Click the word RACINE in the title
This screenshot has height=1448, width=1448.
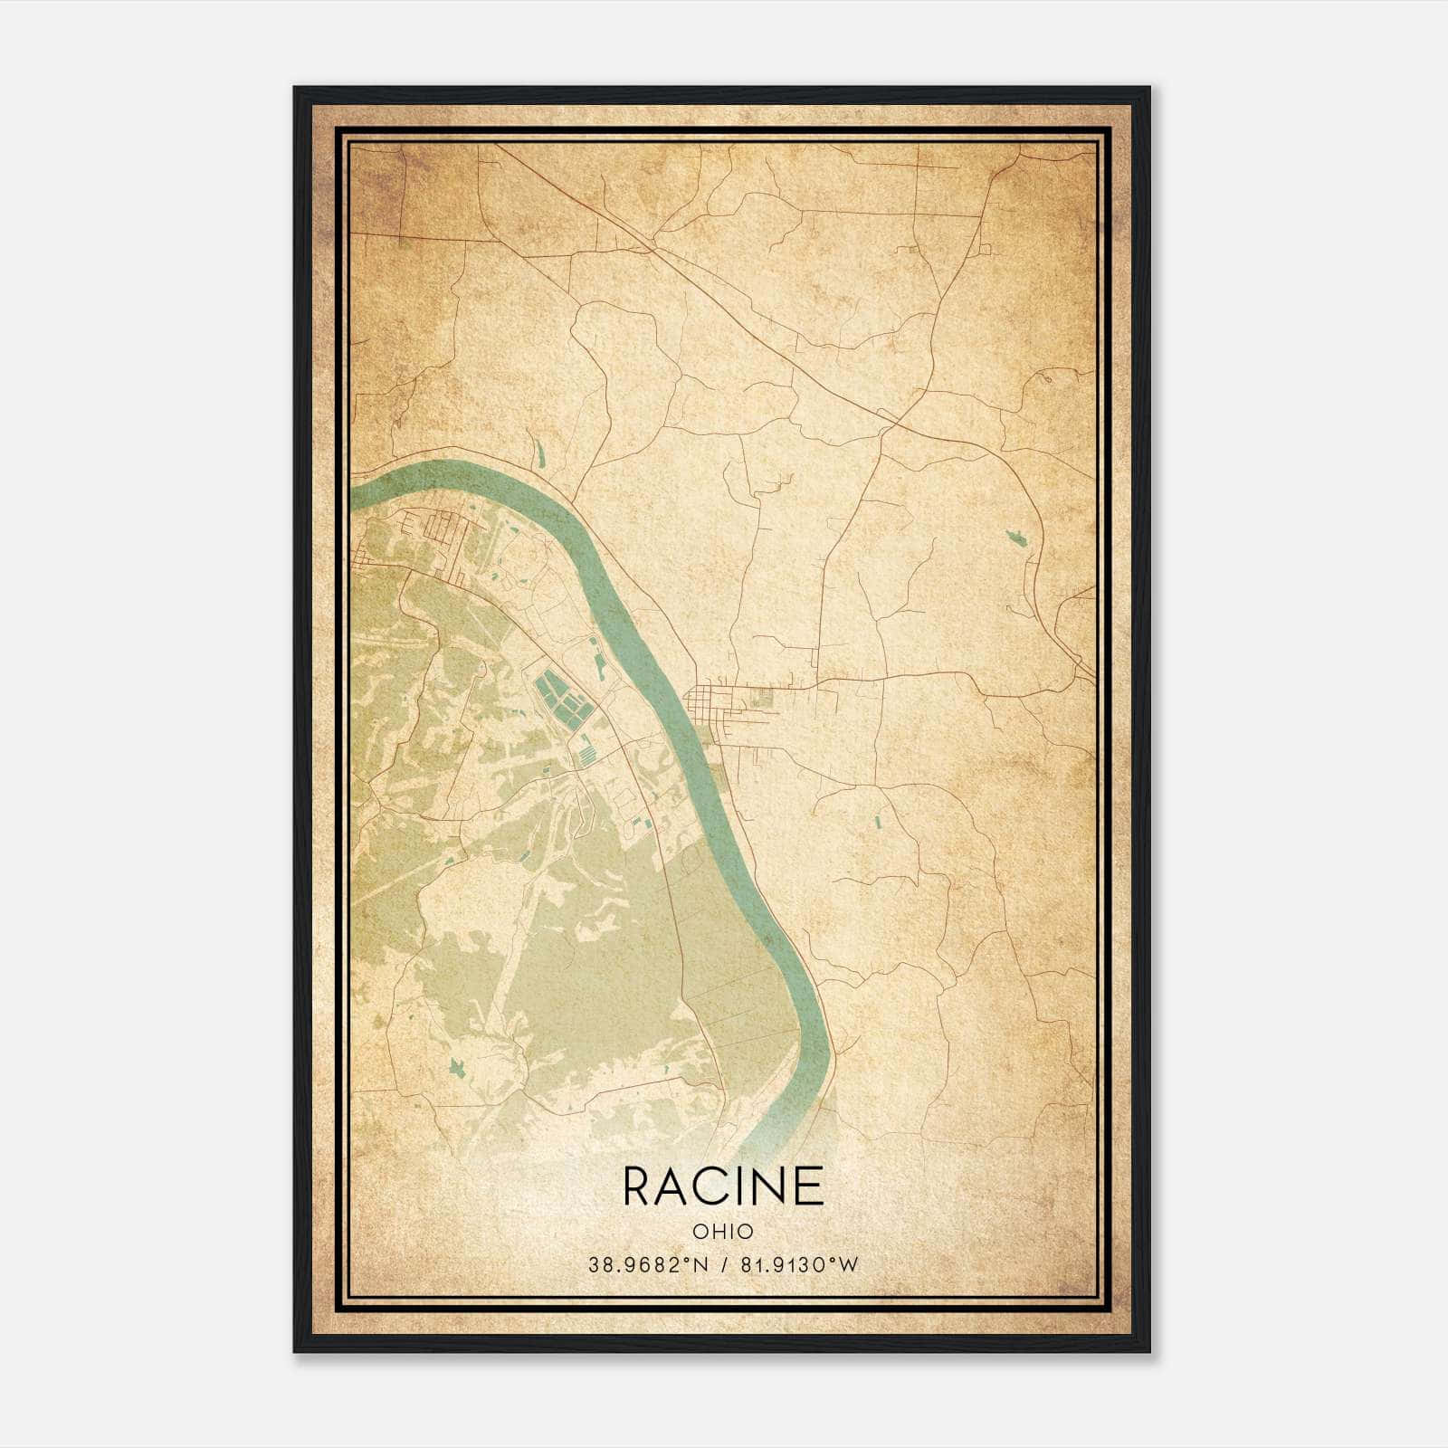click(723, 1186)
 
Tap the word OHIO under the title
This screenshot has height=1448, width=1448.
click(723, 1231)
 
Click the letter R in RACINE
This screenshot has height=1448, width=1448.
click(638, 1186)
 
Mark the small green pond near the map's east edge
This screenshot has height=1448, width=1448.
click(1016, 538)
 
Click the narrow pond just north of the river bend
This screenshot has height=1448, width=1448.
click(539, 452)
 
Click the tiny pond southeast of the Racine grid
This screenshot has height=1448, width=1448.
click(877, 822)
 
